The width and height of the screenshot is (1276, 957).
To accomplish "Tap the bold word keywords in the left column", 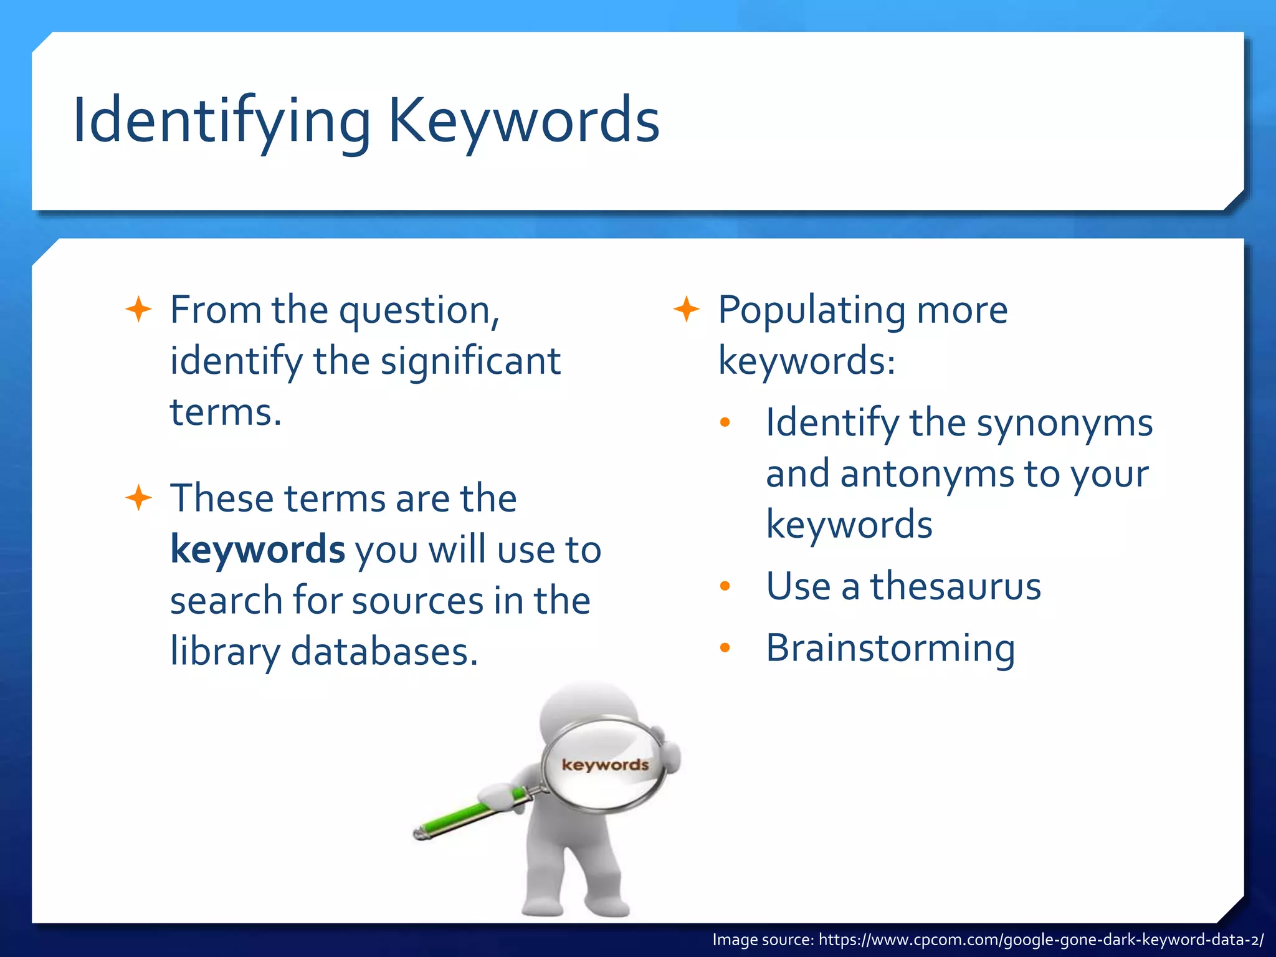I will pyautogui.click(x=257, y=550).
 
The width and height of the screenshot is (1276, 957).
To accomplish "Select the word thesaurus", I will pyautogui.click(x=955, y=586).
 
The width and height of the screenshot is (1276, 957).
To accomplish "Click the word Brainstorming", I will pyautogui.click(x=890, y=648).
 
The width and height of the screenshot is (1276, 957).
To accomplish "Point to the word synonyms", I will pyautogui.click(x=1064, y=424).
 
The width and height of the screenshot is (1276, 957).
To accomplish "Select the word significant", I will pyautogui.click(x=470, y=361).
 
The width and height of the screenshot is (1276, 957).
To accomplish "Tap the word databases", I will pyautogui.click(x=384, y=652).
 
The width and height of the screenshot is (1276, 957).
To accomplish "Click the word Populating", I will pyautogui.click(x=812, y=310).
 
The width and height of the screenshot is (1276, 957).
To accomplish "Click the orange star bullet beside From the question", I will pyautogui.click(x=138, y=310).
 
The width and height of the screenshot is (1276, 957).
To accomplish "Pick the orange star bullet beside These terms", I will pyautogui.click(x=138, y=498).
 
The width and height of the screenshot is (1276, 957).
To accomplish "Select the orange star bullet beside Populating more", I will pyautogui.click(x=687, y=310).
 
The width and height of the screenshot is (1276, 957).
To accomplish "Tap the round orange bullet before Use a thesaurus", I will pyautogui.click(x=725, y=586).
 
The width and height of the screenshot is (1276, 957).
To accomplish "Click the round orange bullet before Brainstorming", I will pyautogui.click(x=725, y=648).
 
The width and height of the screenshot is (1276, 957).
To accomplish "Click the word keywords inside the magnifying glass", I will pyautogui.click(x=605, y=764).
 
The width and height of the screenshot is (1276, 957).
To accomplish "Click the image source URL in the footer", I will pyautogui.click(x=1040, y=940).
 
